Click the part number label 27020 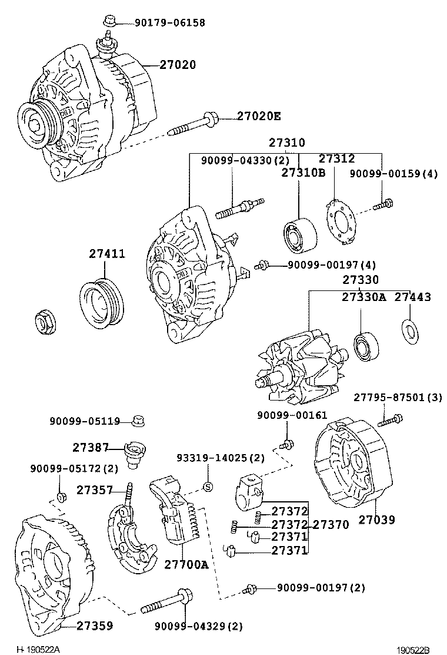(178, 65)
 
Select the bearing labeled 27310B (299, 234)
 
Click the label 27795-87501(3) (398, 398)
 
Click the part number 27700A (186, 565)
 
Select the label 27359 (95, 626)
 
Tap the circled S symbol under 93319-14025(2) (207, 486)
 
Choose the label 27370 (330, 524)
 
